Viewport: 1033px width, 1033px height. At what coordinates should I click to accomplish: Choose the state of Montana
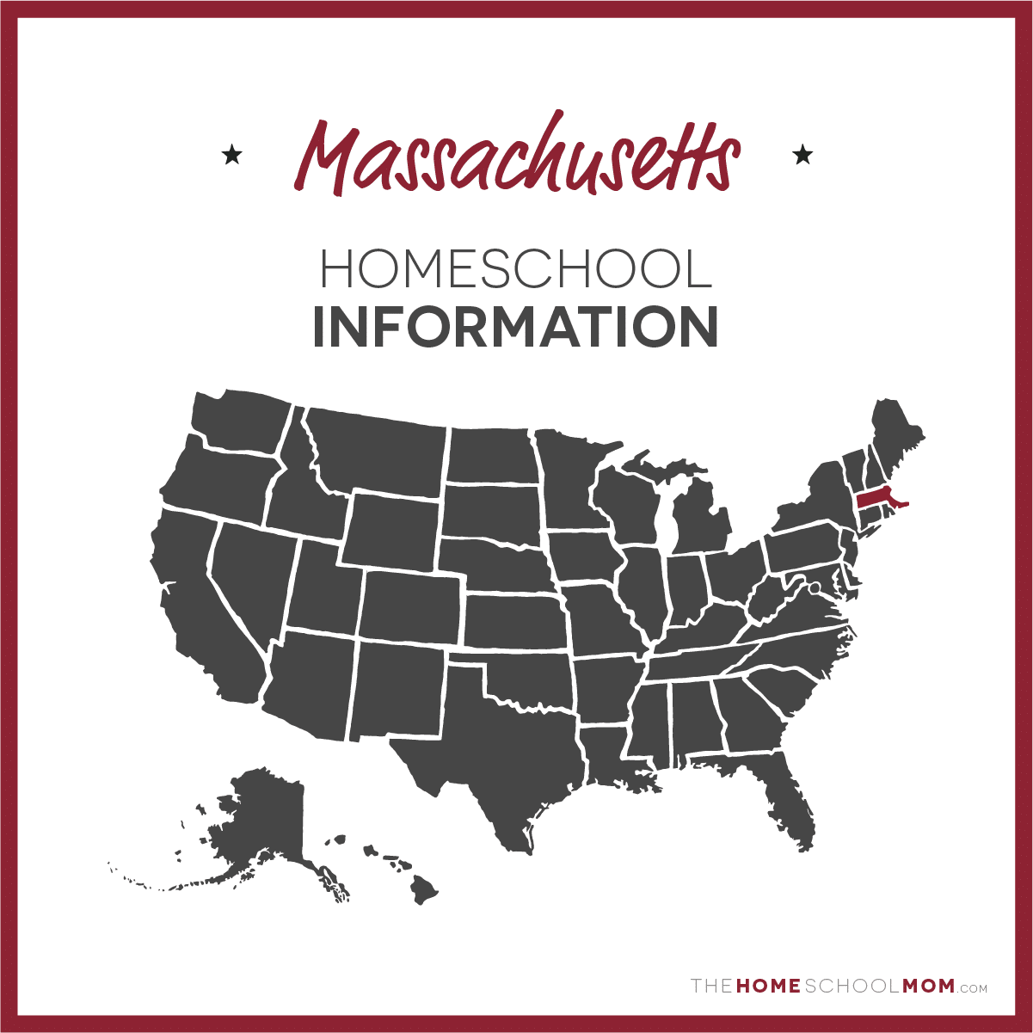pyautogui.click(x=378, y=452)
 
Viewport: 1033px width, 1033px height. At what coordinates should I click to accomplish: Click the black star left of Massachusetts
pyautogui.click(x=231, y=156)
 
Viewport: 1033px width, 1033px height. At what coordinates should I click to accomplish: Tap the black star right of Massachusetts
pyautogui.click(x=802, y=155)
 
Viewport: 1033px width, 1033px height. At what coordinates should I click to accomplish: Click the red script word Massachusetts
pyautogui.click(x=516, y=157)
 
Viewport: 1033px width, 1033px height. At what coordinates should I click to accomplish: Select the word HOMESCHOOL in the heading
pyautogui.click(x=516, y=269)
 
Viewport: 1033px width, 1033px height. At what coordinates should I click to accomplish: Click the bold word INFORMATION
pyautogui.click(x=516, y=327)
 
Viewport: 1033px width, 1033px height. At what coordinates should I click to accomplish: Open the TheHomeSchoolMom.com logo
pyautogui.click(x=839, y=986)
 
